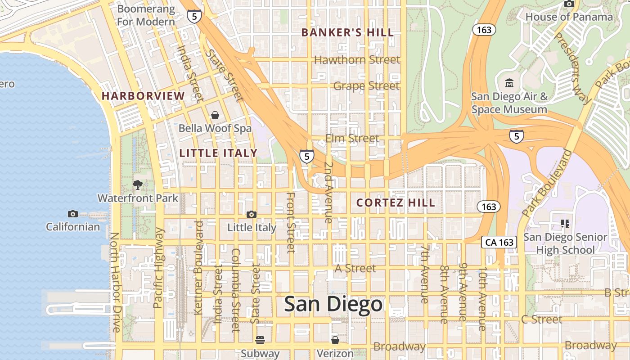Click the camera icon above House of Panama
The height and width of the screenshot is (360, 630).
(569, 4)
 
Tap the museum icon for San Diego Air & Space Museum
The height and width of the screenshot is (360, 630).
(509, 83)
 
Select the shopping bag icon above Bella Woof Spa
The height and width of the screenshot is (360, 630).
(215, 115)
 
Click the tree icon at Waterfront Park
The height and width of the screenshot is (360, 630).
(138, 184)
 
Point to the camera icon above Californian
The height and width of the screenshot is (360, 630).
(72, 214)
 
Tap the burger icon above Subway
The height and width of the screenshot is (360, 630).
(260, 340)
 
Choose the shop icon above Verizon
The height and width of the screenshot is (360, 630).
(335, 340)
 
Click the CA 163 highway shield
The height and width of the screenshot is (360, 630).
(499, 242)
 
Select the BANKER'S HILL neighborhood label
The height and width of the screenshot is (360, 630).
(347, 32)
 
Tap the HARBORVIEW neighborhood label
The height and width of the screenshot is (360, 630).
(143, 96)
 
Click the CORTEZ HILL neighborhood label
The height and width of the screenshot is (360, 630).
(396, 203)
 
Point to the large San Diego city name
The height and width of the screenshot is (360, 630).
(333, 305)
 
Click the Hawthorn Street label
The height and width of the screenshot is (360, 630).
(357, 60)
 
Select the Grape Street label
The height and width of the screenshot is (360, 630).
(366, 86)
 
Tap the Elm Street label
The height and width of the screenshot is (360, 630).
(352, 138)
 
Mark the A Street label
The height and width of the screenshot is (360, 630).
(355, 268)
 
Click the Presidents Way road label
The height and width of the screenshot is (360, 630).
(572, 67)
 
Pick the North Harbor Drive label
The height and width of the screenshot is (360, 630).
(116, 282)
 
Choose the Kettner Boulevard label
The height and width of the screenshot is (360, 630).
(198, 267)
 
